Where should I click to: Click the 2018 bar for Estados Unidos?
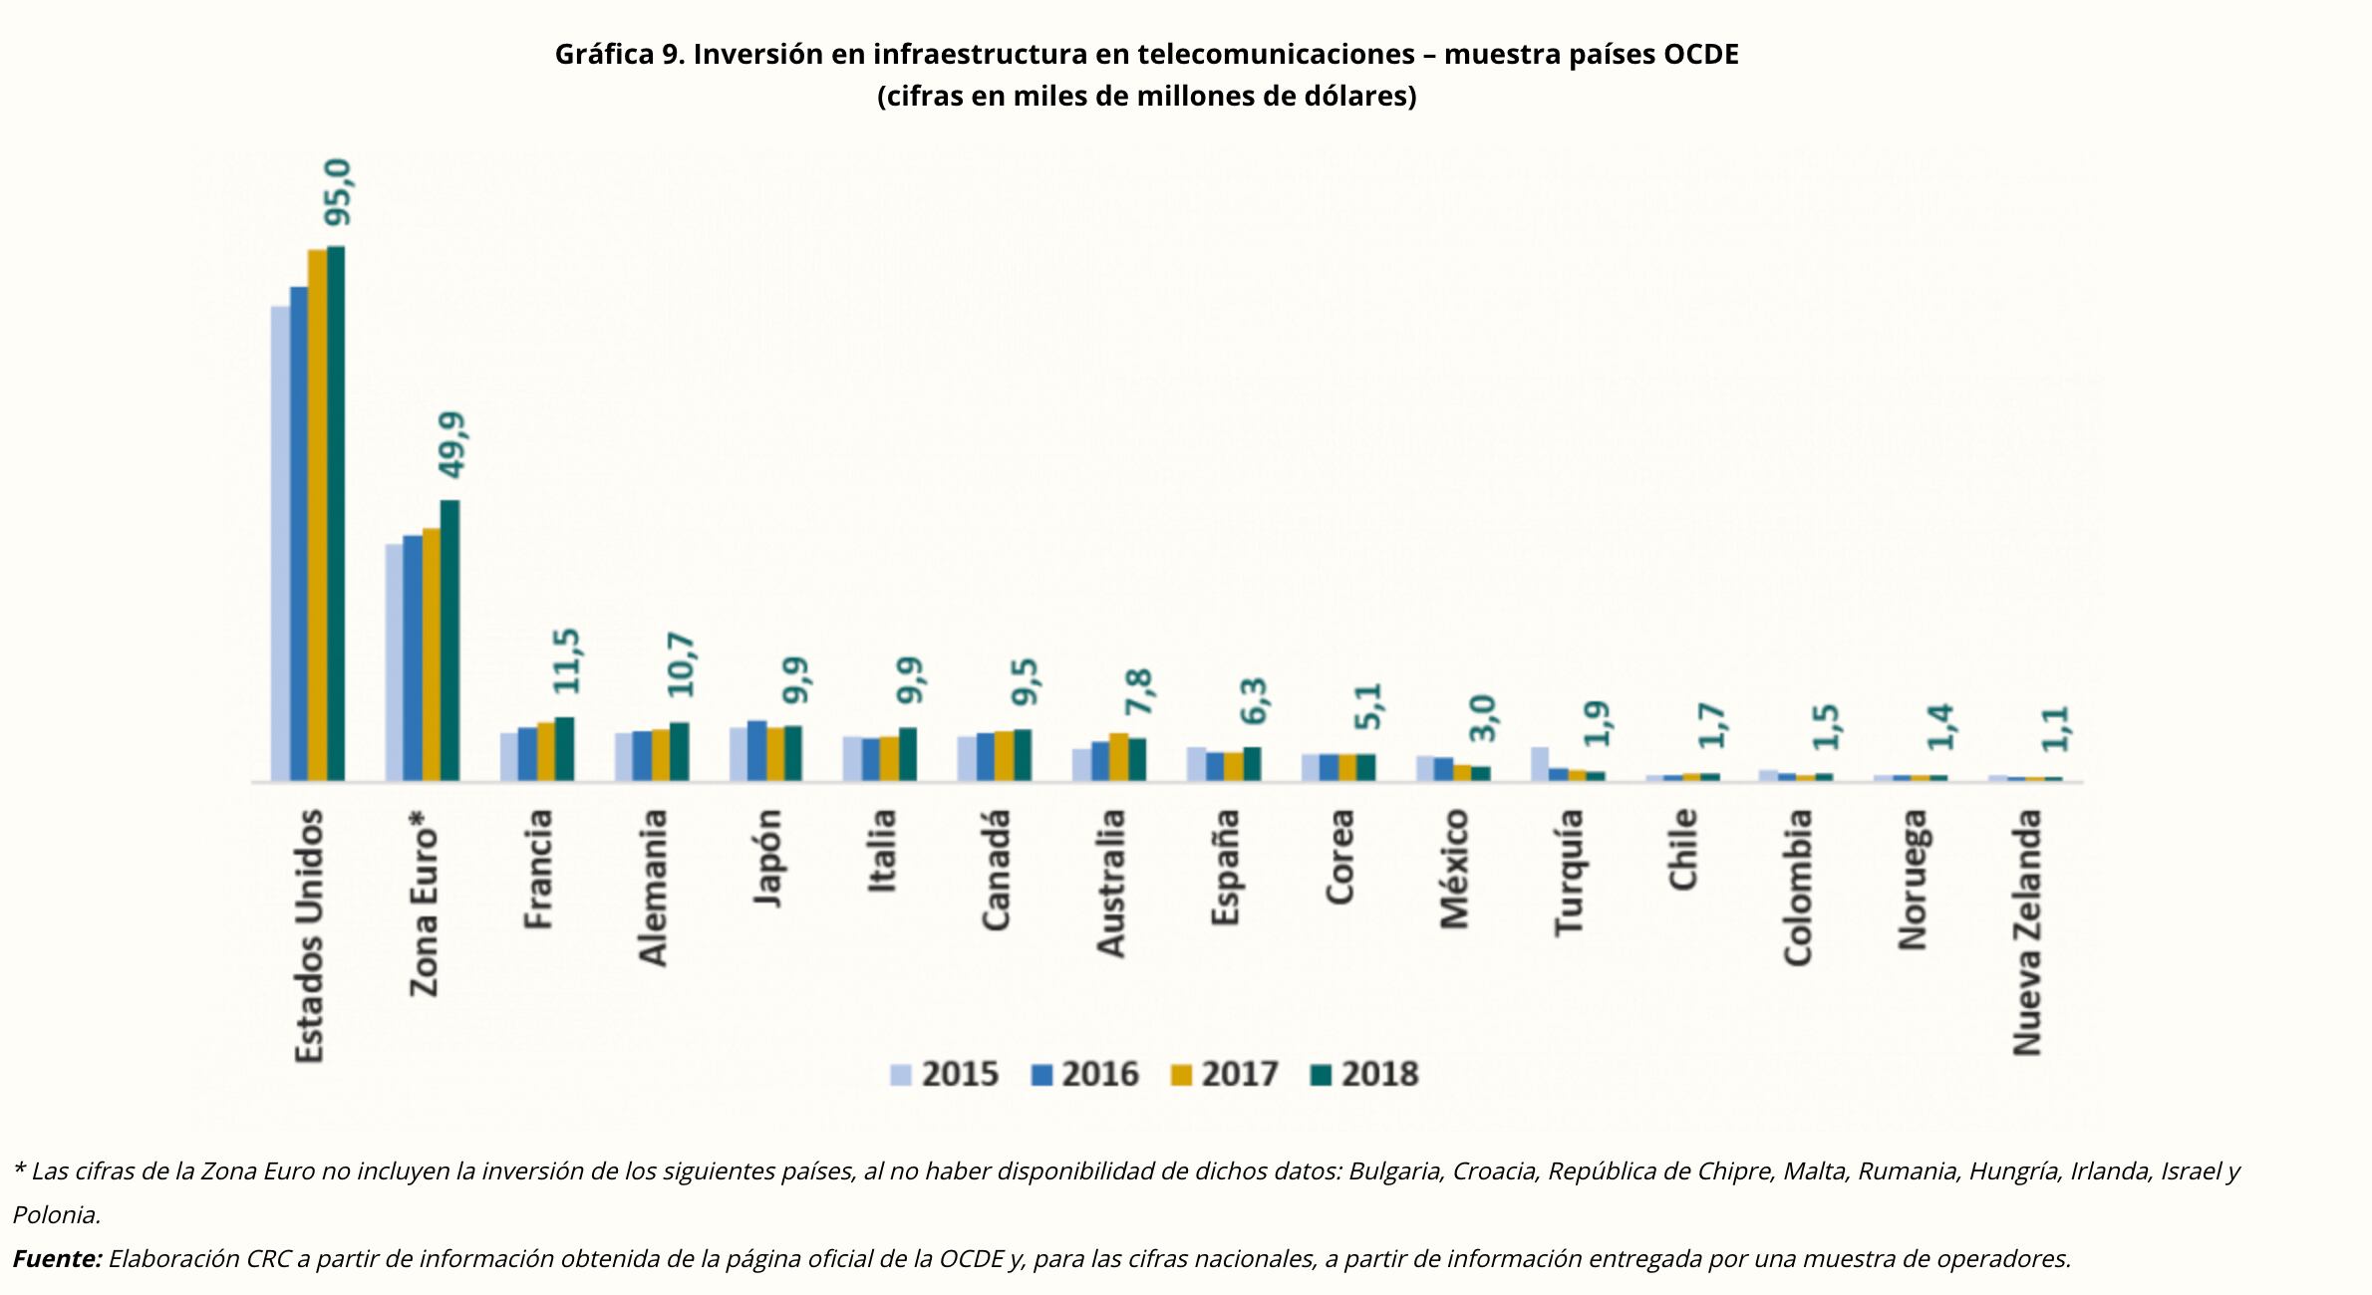click(x=336, y=513)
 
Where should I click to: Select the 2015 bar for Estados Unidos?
click(x=281, y=543)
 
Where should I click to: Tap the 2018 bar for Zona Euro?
click(x=449, y=641)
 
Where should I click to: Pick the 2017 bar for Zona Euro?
click(x=432, y=654)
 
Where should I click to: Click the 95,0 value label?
click(x=338, y=192)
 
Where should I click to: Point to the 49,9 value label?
click(x=451, y=445)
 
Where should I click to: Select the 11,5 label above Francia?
click(x=566, y=660)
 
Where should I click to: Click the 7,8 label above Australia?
click(x=1138, y=691)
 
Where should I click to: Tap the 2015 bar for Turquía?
click(x=1540, y=764)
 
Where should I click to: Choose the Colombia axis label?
click(x=1797, y=887)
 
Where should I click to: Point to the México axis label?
click(x=1454, y=869)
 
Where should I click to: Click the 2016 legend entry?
click(x=1085, y=1074)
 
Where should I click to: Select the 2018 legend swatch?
click(x=1322, y=1074)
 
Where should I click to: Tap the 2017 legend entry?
click(x=1225, y=1074)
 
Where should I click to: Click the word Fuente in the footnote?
click(x=57, y=1259)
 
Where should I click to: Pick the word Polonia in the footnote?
click(x=56, y=1215)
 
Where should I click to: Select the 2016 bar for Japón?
click(x=757, y=751)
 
